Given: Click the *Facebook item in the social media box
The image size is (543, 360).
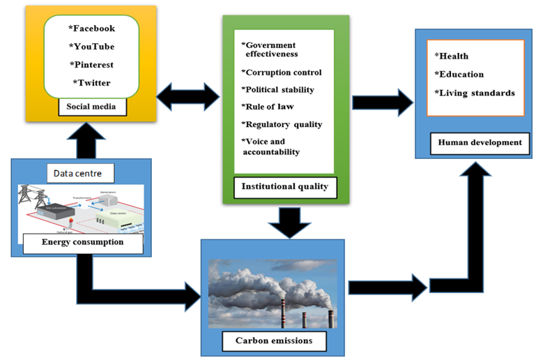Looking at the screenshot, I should click(x=91, y=29).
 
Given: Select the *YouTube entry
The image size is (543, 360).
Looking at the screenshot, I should click(x=91, y=47).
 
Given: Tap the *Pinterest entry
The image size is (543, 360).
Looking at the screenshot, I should click(x=91, y=65).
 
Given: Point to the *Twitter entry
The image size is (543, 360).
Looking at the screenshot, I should click(x=91, y=83).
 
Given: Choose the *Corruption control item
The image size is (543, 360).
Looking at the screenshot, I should click(x=282, y=72).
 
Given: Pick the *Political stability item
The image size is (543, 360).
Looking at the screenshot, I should click(x=277, y=89).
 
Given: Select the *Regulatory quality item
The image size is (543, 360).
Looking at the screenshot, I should click(x=282, y=124).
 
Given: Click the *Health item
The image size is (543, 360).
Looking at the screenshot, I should click(x=451, y=56).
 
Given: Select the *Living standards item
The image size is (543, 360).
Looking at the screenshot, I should click(x=475, y=93).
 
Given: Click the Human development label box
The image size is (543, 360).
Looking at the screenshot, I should click(x=480, y=142).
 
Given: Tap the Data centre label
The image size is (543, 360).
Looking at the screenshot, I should click(x=79, y=172).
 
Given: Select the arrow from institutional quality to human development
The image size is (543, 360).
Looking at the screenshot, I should click(x=383, y=102).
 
